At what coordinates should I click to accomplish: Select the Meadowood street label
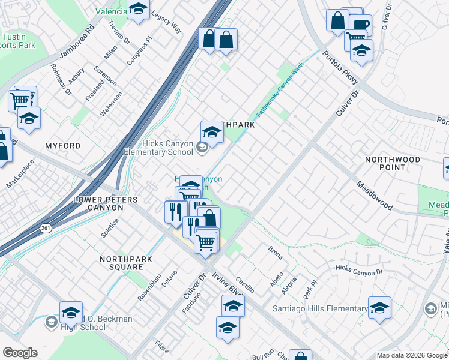coord(374,196)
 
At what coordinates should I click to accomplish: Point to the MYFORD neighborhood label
coord(63,146)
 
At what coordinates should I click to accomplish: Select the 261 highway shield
coord(46,229)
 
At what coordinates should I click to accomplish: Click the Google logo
coord(20,353)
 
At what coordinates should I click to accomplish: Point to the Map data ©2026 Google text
coord(411,355)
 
